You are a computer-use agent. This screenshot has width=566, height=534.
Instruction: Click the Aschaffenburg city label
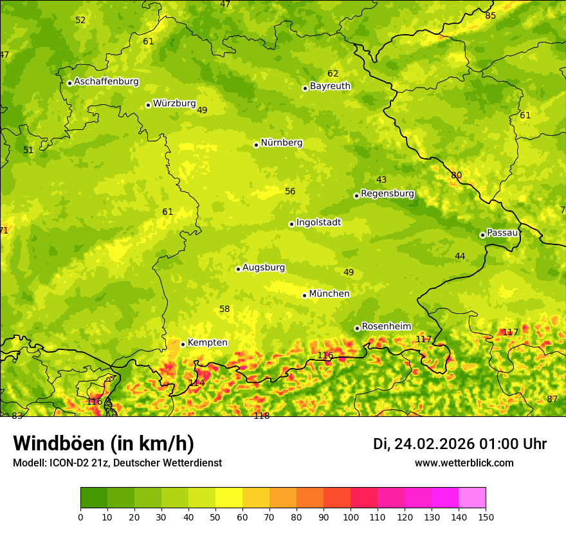(x=106, y=82)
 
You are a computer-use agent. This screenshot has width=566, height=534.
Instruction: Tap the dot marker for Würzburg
(x=148, y=105)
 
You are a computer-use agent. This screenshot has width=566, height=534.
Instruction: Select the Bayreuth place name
(x=330, y=86)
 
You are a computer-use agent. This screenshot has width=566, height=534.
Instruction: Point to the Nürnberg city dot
(x=256, y=145)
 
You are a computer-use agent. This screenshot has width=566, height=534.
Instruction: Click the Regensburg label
(x=387, y=194)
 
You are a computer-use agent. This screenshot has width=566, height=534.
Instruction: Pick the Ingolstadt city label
(x=318, y=223)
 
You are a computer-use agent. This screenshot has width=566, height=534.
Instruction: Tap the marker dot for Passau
(x=482, y=235)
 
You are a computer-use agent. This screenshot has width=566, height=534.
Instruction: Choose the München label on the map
(x=329, y=294)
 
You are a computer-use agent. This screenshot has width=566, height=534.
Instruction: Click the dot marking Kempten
(x=183, y=344)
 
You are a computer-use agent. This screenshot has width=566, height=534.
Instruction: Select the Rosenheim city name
(x=386, y=327)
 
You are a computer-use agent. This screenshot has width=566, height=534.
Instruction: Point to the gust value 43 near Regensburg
(x=381, y=180)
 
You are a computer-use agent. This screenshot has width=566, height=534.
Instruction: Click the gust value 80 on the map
(x=457, y=176)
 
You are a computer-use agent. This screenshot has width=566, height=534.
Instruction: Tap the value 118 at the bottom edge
(x=261, y=416)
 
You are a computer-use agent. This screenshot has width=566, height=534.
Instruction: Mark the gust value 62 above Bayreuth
(x=333, y=74)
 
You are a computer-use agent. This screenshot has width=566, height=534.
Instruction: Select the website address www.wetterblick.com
(x=464, y=463)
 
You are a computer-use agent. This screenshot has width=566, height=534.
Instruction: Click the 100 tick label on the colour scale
(x=351, y=517)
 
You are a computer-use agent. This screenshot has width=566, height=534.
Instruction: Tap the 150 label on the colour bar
(x=486, y=517)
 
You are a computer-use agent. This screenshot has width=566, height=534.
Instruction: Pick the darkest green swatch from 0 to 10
(x=94, y=498)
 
